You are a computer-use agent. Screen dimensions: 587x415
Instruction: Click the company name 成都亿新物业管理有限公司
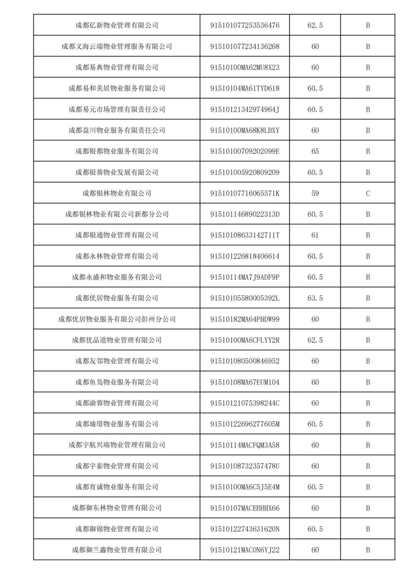[x=117, y=25]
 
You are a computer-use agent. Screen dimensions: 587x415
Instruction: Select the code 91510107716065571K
[x=245, y=193]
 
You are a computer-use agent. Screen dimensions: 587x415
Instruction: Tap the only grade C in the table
[x=368, y=193]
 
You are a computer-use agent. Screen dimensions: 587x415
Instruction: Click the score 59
[x=315, y=193]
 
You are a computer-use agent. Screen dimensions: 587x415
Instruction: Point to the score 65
[x=315, y=151]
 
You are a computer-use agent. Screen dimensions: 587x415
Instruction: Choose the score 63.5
[x=315, y=298]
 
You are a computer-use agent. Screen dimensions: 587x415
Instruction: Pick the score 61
[x=315, y=235]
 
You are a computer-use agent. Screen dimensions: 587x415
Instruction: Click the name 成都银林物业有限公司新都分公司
[x=117, y=215]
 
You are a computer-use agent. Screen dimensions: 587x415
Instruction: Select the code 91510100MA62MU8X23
[x=245, y=68]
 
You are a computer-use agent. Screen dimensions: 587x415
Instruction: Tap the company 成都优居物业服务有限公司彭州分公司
[x=117, y=319]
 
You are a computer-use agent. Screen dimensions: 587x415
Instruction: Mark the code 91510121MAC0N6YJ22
[x=245, y=550]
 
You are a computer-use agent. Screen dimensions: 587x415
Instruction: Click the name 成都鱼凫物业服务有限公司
[x=117, y=382]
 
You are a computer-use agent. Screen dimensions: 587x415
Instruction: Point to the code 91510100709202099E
[x=245, y=151]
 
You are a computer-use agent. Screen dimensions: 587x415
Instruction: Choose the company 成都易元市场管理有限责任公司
[x=117, y=110]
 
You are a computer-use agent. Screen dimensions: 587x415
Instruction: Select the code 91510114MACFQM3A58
[x=245, y=445]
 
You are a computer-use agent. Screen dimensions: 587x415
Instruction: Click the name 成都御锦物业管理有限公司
[x=117, y=529]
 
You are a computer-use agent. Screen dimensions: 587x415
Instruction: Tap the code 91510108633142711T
[x=245, y=235]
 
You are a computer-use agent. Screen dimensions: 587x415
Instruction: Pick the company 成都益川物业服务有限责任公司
[x=117, y=131]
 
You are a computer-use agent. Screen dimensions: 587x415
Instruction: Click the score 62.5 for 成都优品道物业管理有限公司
[x=315, y=340]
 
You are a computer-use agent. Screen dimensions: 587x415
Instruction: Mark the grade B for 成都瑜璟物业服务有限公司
[x=368, y=424]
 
